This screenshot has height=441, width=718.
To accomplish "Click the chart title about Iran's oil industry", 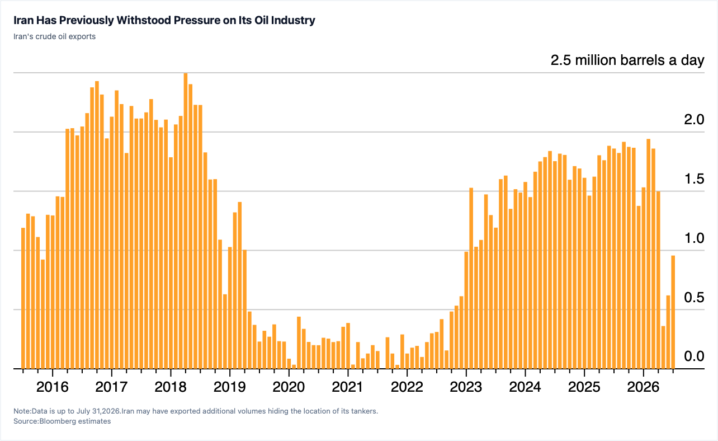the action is pos(164,20).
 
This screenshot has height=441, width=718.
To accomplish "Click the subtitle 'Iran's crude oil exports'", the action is pos(54,36).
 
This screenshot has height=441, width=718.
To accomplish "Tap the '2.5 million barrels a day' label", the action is pos(627,60).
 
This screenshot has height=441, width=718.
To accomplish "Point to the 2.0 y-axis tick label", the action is pos(694,119).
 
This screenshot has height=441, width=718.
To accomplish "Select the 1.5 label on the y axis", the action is pos(695,179).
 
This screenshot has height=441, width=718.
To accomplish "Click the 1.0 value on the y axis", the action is pos(695,238).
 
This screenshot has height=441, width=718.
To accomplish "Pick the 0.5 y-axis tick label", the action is pos(694,297).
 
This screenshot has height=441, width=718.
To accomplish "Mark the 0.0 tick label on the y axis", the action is pos(694,356).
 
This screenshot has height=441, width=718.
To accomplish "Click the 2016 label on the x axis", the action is pos(52,387).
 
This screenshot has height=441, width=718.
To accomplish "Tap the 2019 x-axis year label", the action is pos(229,387).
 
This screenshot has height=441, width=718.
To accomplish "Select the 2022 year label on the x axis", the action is pos(407,387).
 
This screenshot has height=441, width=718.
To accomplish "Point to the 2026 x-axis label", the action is pos(643,387).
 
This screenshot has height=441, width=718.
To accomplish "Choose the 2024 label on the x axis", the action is pos(525,387).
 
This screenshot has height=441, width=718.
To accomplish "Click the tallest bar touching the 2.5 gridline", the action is pos(185,221).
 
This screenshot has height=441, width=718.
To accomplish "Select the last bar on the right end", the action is pos(673,312).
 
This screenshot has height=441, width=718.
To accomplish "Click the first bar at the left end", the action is pos(23,298).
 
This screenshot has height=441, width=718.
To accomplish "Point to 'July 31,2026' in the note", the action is pos(101,411).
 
